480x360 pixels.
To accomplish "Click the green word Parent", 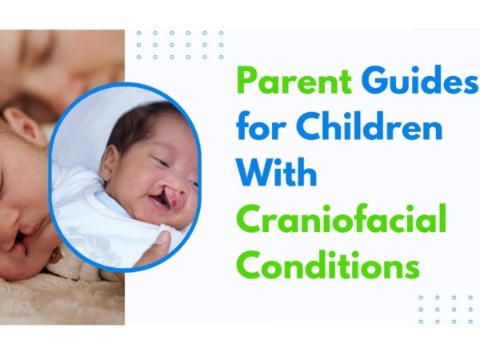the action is click(x=294, y=80).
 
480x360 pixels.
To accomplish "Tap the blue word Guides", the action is click(x=419, y=79).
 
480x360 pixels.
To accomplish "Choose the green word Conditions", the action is click(x=328, y=265).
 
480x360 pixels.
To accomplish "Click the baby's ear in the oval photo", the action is click(x=110, y=162).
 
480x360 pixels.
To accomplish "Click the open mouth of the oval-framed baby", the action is click(x=160, y=202).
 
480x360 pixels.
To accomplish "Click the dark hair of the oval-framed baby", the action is click(x=138, y=126).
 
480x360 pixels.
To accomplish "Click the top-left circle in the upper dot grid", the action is click(x=138, y=33).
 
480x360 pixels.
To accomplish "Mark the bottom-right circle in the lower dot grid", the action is click(x=470, y=322).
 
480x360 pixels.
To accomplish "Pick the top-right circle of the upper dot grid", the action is click(x=222, y=33).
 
